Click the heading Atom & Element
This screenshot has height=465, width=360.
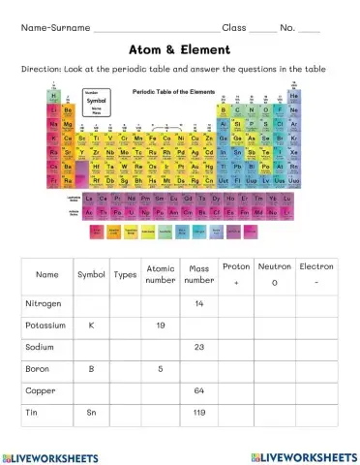179,49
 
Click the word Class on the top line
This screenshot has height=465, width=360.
235,28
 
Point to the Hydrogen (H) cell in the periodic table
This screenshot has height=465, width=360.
53,98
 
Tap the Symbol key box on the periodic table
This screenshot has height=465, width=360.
97,128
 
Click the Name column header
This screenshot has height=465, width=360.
46,274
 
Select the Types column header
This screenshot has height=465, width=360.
125,274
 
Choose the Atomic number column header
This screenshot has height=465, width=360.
160,274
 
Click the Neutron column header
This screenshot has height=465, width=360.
275,266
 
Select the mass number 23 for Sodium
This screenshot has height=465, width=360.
198,347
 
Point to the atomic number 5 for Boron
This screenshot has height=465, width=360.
160,369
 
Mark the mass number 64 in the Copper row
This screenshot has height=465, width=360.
198,390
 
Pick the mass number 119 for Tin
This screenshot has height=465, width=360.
198,413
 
